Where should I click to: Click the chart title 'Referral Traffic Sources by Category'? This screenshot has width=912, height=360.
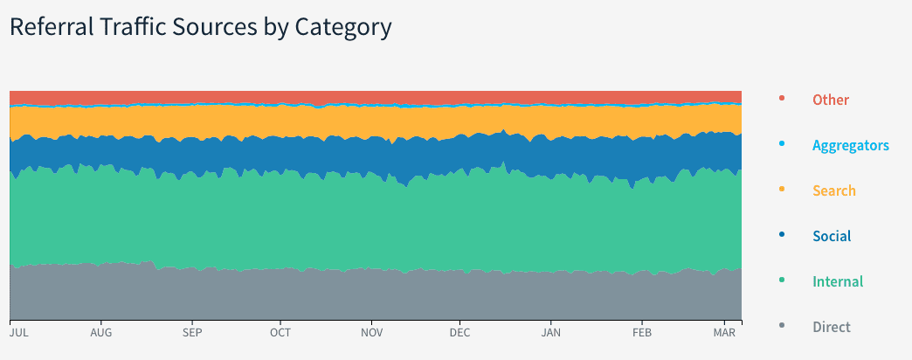click(200, 27)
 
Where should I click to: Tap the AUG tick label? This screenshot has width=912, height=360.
click(101, 333)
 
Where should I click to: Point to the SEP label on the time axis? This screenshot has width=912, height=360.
click(192, 333)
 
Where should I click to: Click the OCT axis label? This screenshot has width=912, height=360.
click(280, 333)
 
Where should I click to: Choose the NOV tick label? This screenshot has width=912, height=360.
click(372, 333)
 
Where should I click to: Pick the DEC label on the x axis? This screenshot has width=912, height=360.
click(459, 333)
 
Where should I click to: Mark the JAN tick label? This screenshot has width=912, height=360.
click(551, 333)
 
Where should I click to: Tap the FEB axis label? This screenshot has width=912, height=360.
click(642, 333)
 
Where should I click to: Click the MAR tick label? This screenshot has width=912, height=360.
click(725, 333)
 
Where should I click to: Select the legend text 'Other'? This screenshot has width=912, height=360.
click(830, 100)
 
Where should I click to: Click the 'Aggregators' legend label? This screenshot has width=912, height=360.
click(850, 145)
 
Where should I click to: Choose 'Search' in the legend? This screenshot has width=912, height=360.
click(833, 190)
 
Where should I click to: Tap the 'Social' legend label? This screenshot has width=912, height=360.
click(831, 236)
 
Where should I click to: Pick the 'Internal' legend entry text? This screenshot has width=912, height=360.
click(837, 281)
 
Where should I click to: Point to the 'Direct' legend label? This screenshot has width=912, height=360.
click(831, 327)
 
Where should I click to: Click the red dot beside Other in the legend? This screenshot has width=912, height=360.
click(781, 98)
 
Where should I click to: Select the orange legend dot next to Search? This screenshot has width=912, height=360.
click(781, 189)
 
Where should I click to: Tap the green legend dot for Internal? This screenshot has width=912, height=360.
click(781, 280)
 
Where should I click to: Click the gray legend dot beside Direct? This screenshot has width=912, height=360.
click(781, 325)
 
